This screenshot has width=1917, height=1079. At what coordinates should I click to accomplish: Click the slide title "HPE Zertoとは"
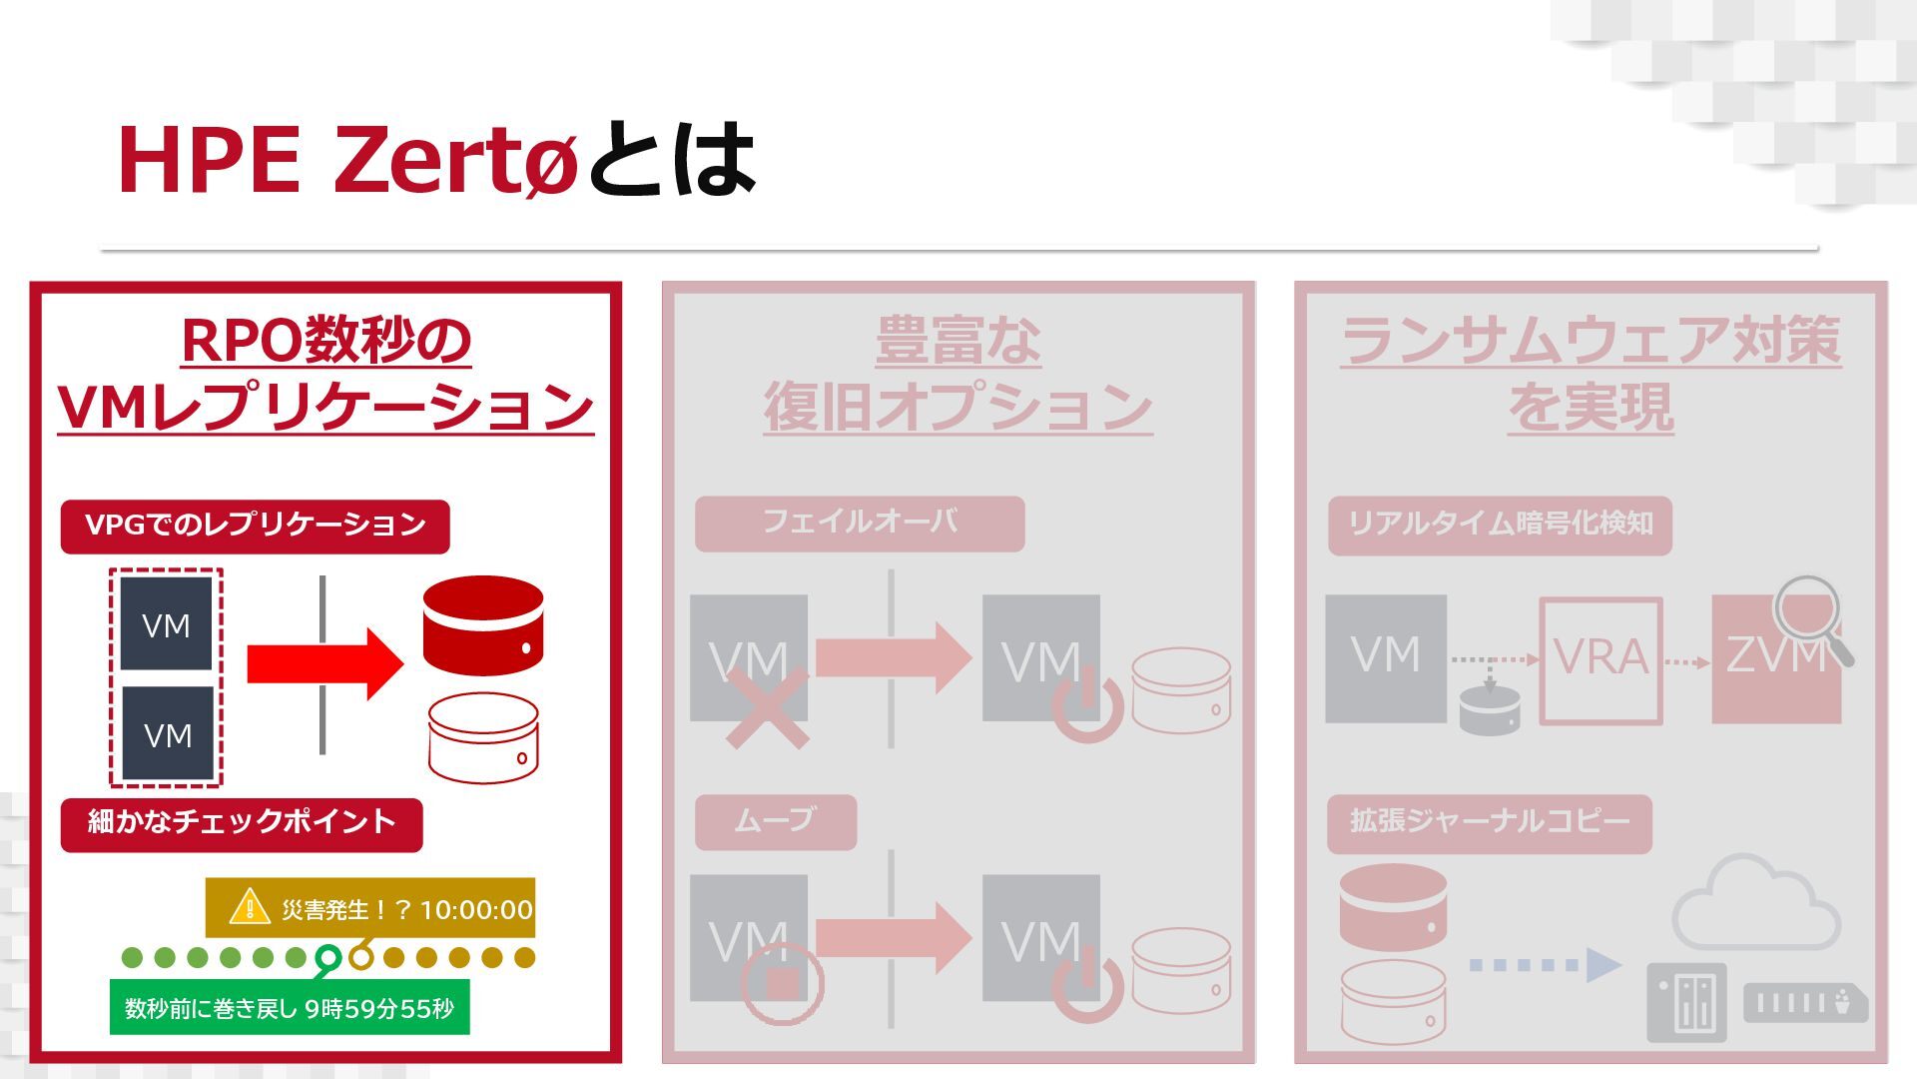[436, 160]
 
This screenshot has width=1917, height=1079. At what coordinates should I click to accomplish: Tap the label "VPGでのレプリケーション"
[255, 526]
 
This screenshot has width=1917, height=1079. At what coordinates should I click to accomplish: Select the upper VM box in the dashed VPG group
[166, 624]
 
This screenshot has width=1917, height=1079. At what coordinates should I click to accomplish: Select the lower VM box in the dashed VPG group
[167, 734]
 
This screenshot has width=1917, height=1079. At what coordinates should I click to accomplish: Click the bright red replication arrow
[324, 663]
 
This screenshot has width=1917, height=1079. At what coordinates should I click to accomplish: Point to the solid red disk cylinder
[483, 624]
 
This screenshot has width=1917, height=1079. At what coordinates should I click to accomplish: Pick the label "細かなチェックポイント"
[242, 823]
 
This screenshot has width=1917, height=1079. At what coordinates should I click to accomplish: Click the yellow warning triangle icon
[249, 907]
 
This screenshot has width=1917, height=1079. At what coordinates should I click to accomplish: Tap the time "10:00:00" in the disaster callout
[476, 909]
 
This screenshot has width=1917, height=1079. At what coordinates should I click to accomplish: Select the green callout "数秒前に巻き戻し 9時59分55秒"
[289, 1008]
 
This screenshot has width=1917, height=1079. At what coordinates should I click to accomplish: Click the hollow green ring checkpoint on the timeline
[327, 958]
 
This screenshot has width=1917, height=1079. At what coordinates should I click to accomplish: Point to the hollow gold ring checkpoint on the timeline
[361, 958]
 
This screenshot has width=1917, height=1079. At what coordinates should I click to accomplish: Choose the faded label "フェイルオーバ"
[860, 523]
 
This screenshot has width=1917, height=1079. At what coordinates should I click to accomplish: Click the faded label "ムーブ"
[775, 821]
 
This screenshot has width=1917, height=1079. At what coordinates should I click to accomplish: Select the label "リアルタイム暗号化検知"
[1500, 525]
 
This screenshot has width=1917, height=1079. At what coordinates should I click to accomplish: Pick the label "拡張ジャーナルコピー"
[1489, 822]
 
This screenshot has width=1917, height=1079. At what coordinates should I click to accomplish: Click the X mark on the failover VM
[767, 708]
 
